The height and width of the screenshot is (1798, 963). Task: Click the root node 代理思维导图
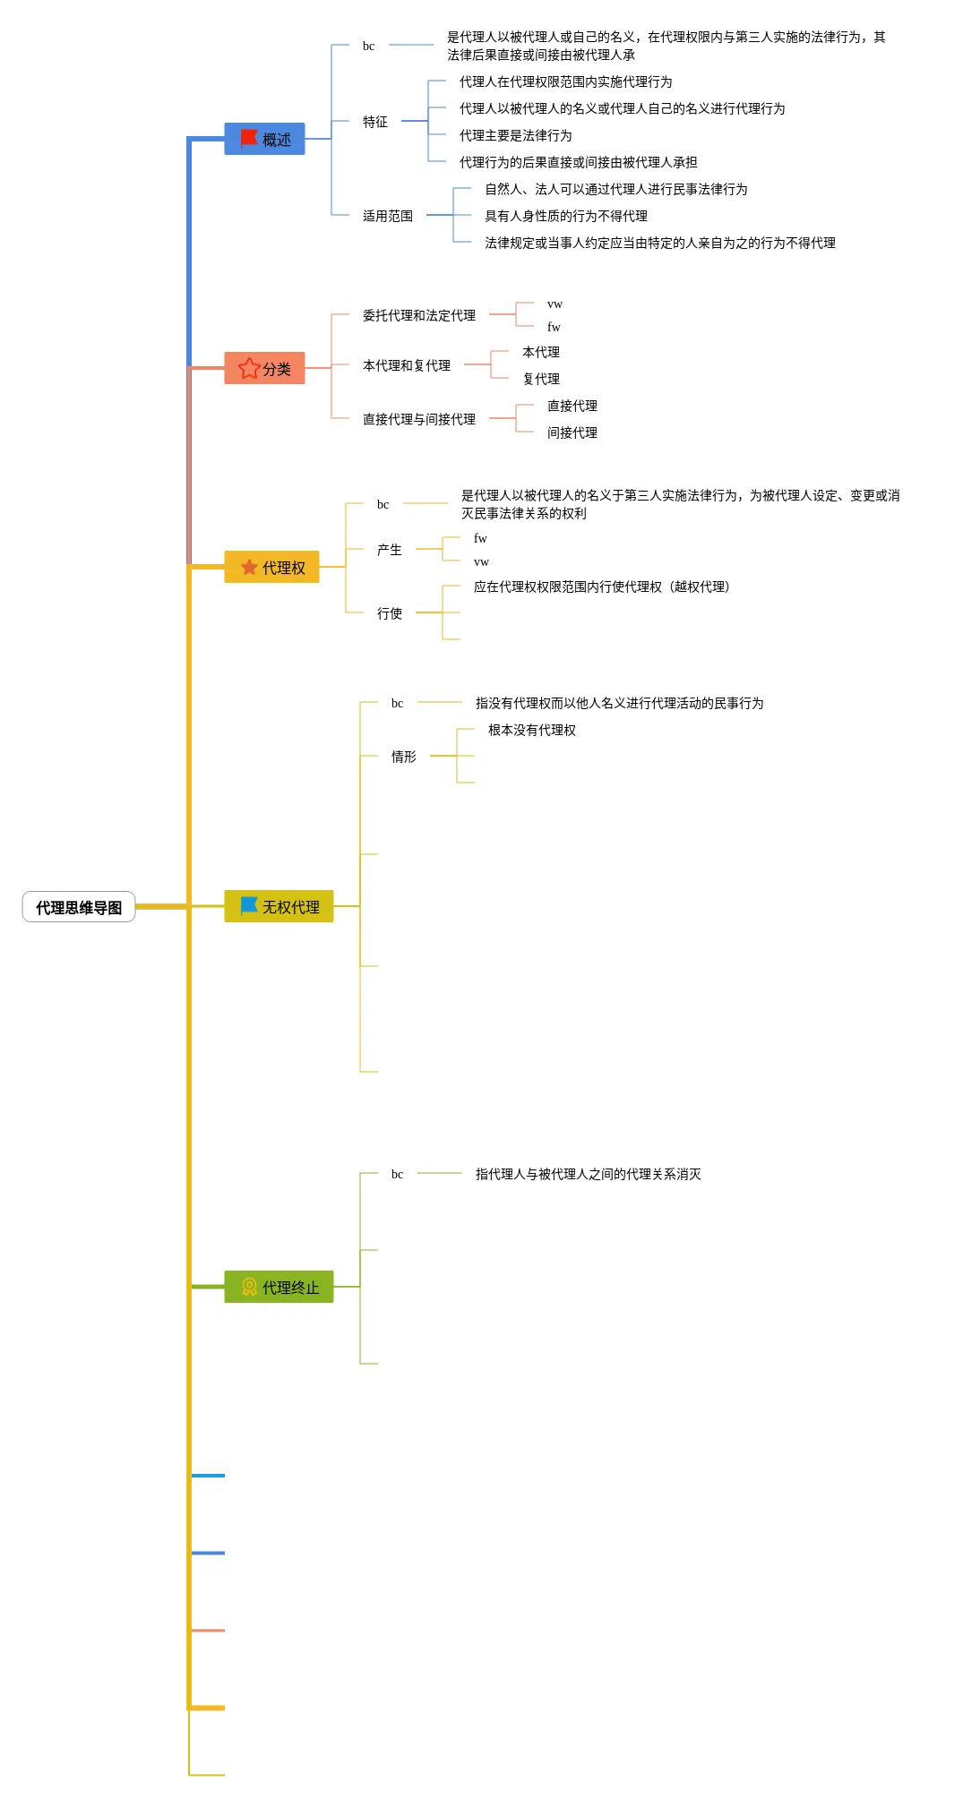point(79,907)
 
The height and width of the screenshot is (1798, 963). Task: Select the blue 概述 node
point(264,139)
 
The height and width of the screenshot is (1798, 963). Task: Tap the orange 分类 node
point(264,368)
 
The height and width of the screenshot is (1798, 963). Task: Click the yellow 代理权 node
point(271,567)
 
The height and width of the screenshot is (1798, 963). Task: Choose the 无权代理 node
point(279,906)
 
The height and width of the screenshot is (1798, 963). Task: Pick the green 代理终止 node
point(279,1287)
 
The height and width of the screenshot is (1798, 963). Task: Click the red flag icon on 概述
point(249,138)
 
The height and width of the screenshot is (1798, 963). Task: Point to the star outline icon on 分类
point(249,368)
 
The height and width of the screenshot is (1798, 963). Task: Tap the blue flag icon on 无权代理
point(249,905)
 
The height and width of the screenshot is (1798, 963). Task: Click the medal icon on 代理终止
point(249,1287)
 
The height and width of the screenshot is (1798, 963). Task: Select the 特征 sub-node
point(375,122)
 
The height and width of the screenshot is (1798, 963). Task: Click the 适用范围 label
point(388,216)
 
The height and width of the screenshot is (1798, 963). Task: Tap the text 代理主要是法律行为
point(515,135)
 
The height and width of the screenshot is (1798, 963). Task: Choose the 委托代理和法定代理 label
point(418,315)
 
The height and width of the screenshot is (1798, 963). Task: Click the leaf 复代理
point(541,379)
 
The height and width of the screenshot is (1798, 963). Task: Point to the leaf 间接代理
point(572,432)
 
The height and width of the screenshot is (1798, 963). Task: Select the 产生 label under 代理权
point(389,550)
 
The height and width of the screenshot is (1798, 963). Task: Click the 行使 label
point(389,613)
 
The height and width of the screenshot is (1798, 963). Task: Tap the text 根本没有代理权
point(531,730)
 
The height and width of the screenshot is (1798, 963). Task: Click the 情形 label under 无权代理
point(403,757)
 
